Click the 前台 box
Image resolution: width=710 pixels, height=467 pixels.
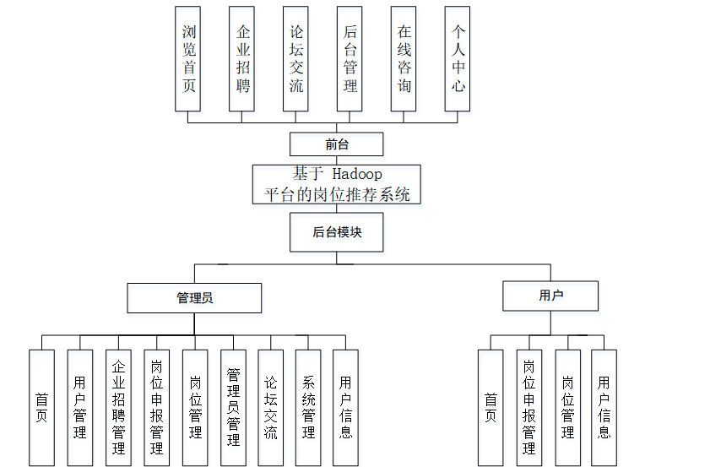pyautogui.click(x=336, y=144)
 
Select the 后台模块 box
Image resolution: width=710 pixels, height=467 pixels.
pyautogui.click(x=336, y=232)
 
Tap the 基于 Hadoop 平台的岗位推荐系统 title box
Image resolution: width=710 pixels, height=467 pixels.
pyautogui.click(x=336, y=184)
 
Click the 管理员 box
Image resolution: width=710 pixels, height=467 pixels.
pyautogui.click(x=194, y=298)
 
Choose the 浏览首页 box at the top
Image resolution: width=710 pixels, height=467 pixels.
pyautogui.click(x=187, y=59)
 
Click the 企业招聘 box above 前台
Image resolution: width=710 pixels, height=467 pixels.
pyautogui.click(x=241, y=59)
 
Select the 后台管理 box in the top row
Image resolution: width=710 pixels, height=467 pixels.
pyautogui.click(x=350, y=59)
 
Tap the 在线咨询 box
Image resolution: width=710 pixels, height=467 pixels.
pyautogui.click(x=404, y=59)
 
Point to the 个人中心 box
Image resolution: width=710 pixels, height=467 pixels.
pyautogui.click(x=458, y=59)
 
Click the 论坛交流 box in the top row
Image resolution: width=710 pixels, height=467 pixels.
pyautogui.click(x=295, y=59)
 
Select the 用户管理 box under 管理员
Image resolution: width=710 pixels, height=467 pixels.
pyautogui.click(x=80, y=407)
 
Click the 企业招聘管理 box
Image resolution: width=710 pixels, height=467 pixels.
pyautogui.click(x=118, y=407)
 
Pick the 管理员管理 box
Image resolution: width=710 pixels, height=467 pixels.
pyautogui.click(x=233, y=407)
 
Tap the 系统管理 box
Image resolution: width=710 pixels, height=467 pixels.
pyautogui.click(x=308, y=407)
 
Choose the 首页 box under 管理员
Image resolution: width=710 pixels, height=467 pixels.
pyautogui.click(x=41, y=407)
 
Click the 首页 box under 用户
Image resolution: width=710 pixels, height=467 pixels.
pyautogui.click(x=490, y=407)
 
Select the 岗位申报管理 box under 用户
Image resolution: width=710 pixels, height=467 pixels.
pyautogui.click(x=529, y=407)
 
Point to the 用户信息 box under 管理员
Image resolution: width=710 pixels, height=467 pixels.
pyautogui.click(x=345, y=407)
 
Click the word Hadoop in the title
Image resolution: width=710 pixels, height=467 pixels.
pyautogui.click(x=356, y=174)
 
